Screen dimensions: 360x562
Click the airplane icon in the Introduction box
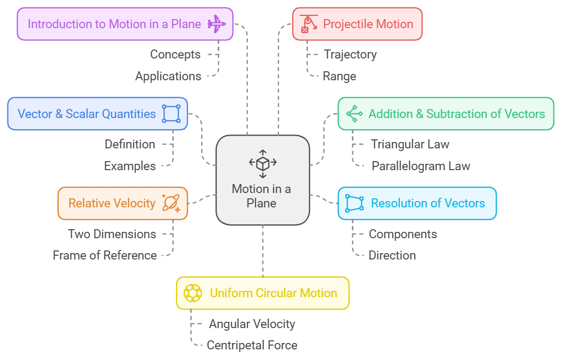(x=217, y=24)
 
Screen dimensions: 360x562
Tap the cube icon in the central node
(x=262, y=163)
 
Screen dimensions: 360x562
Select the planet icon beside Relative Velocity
(x=171, y=203)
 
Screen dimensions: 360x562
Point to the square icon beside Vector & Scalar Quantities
(x=171, y=114)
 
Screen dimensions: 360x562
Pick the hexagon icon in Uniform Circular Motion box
(x=192, y=293)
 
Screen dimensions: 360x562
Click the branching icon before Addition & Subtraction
(x=354, y=114)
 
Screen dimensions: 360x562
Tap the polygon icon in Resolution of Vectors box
(x=354, y=203)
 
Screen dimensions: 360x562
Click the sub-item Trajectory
(x=350, y=54)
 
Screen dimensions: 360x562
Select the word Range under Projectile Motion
(x=340, y=76)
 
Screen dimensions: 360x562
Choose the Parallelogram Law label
(x=420, y=166)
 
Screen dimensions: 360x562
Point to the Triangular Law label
(x=410, y=144)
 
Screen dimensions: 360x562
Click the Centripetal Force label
(x=252, y=345)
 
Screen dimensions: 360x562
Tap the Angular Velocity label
(x=252, y=324)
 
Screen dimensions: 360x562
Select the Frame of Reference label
(x=105, y=255)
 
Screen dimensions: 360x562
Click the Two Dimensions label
(x=112, y=234)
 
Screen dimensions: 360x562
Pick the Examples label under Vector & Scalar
(x=130, y=166)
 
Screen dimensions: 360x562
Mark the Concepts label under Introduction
(x=176, y=54)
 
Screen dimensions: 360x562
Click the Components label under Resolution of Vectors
(x=403, y=234)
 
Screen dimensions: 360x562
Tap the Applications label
(x=168, y=76)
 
